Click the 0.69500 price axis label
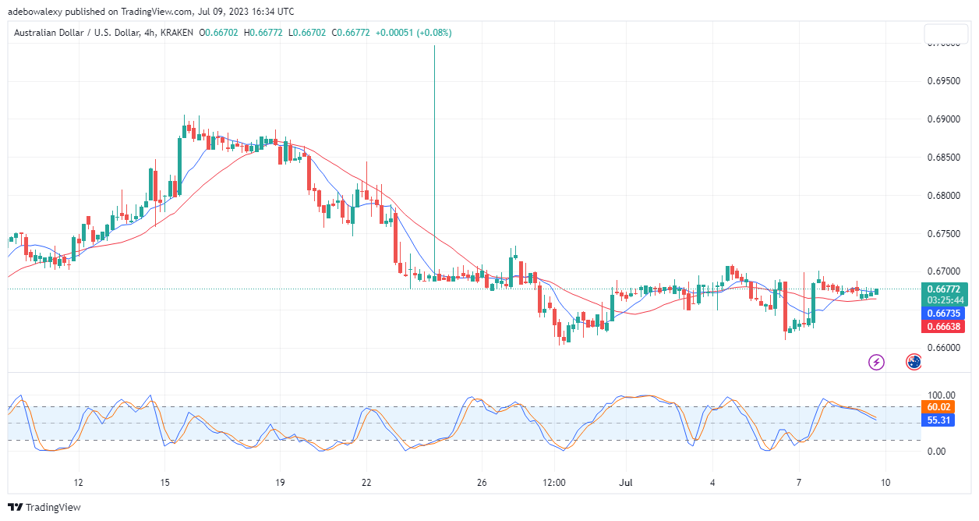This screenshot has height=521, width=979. (x=944, y=81)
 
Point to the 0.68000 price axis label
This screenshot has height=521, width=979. (x=944, y=195)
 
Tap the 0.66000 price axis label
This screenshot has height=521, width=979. (x=944, y=348)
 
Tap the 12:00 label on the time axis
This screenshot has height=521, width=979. (x=554, y=482)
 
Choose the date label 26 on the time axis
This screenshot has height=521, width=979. (x=482, y=482)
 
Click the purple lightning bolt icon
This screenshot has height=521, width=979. (x=877, y=362)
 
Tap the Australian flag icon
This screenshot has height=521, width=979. (x=914, y=362)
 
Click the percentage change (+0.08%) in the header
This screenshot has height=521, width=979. (x=434, y=33)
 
